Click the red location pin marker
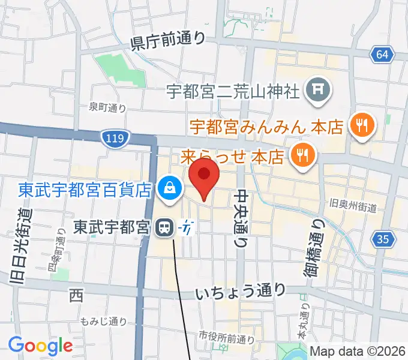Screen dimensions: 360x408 click(204, 176)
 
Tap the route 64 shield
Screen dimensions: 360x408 click(382, 55)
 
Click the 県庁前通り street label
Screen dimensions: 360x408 click(168, 40)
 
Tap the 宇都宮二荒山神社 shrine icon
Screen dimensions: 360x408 click(316, 90)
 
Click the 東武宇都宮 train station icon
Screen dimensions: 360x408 click(163, 227)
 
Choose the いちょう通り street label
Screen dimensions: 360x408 click(241, 292)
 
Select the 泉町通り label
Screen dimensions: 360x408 click(107, 107)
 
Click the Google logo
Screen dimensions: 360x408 click(40, 346)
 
